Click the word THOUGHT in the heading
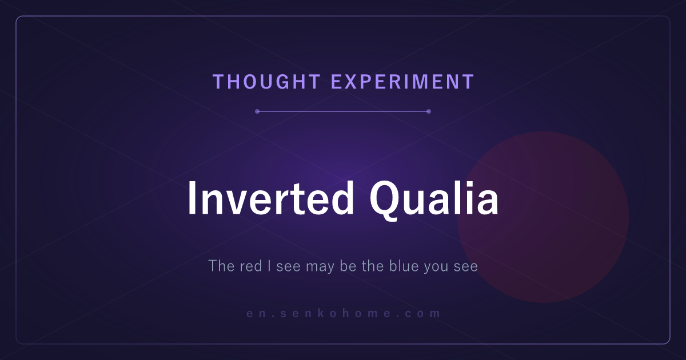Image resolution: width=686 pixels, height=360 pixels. [266, 82]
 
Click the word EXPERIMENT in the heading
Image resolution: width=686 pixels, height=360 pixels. [402, 82]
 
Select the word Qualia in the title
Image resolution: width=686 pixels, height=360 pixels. [434, 200]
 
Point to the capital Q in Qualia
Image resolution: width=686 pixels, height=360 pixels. [384, 201]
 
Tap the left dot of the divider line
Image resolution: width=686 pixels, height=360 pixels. [257, 111]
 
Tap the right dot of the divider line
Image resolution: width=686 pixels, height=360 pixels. [429, 111]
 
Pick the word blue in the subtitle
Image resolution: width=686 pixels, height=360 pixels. [404, 266]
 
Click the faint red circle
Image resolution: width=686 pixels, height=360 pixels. [543, 217]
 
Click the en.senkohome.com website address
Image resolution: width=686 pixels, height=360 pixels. [344, 313]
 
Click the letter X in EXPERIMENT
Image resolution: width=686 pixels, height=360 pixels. [354, 82]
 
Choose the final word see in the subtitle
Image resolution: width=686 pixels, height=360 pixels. [466, 267]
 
